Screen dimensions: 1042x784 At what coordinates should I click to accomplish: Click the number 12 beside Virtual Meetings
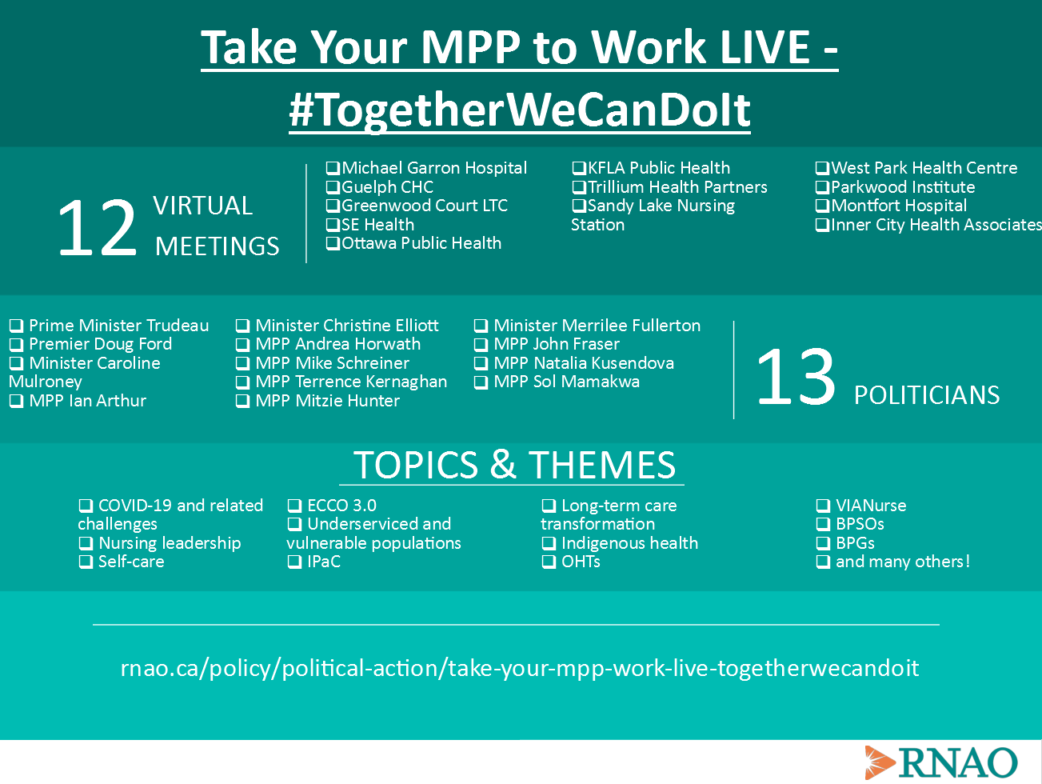click(x=98, y=227)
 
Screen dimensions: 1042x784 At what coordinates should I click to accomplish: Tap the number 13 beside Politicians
click(x=796, y=377)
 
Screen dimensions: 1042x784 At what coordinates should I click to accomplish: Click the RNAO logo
click(x=941, y=762)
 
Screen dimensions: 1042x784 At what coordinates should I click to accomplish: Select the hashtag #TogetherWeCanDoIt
click(x=520, y=110)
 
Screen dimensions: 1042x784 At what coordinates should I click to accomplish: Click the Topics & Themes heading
click(x=514, y=465)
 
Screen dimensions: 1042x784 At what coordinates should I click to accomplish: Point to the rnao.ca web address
click(x=520, y=669)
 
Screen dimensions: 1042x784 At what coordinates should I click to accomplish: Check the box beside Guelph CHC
click(x=333, y=187)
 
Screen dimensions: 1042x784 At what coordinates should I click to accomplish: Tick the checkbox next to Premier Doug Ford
click(x=16, y=344)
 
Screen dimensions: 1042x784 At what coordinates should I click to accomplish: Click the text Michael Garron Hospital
click(x=434, y=168)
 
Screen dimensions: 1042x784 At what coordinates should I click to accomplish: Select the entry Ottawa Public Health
click(x=421, y=243)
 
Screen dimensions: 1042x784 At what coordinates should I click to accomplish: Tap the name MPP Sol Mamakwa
click(x=566, y=382)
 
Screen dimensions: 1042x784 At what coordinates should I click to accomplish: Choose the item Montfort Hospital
click(x=899, y=206)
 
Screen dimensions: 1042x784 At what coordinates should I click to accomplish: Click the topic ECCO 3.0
click(x=341, y=506)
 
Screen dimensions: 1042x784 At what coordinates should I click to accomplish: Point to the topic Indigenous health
click(x=629, y=542)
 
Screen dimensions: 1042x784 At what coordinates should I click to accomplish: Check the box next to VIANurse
click(x=823, y=506)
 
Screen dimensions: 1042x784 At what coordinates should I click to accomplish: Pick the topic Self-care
click(x=131, y=562)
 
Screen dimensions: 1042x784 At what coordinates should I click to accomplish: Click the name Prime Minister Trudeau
click(x=118, y=326)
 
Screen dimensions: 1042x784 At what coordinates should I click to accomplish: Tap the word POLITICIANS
click(x=927, y=395)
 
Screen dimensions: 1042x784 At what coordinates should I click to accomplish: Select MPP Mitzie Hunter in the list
click(x=327, y=401)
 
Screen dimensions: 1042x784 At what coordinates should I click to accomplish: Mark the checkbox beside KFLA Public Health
click(x=579, y=168)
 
